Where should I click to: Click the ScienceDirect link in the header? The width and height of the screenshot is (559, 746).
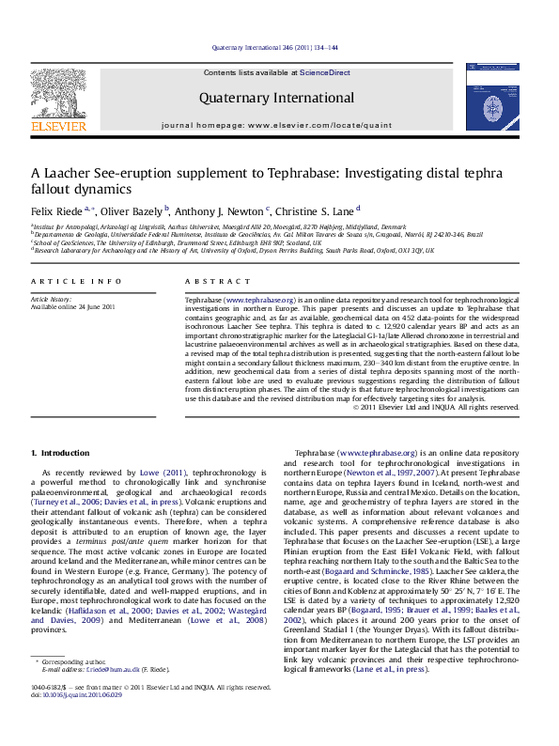coord(325,72)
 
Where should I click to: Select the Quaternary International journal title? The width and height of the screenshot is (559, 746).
coord(276,98)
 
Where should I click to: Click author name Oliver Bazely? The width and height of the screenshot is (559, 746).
coord(133,211)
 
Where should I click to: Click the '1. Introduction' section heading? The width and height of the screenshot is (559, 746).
coord(63,454)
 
